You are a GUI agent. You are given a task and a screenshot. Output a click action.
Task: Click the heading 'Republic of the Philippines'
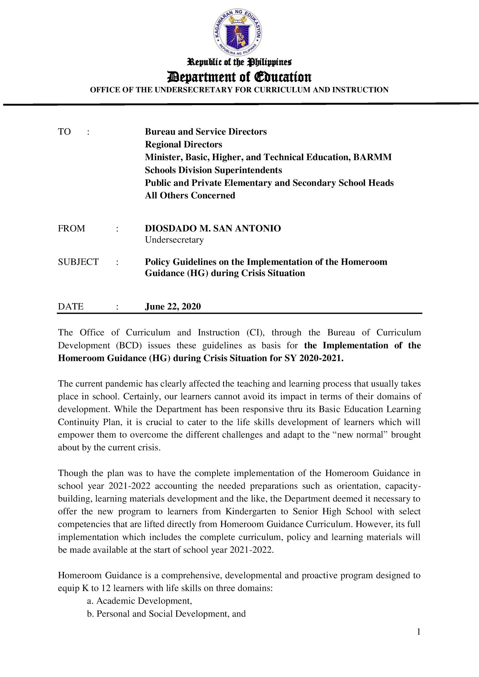click(239, 62)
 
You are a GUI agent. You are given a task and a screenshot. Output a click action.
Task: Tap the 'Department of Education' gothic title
click(239, 77)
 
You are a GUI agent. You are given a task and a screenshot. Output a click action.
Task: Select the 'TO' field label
click(64, 132)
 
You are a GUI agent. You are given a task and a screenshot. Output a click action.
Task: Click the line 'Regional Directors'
click(183, 144)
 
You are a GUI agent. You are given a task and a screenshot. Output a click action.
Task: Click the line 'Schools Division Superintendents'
click(214, 170)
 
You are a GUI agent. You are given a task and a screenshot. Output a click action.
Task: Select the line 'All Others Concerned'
click(190, 195)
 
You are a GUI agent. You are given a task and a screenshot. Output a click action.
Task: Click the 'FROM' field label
click(71, 228)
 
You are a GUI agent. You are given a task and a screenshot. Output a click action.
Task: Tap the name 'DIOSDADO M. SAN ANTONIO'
click(213, 228)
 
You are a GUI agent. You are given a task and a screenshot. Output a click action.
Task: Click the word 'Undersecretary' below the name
click(174, 240)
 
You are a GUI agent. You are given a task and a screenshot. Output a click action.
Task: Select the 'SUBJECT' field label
click(78, 262)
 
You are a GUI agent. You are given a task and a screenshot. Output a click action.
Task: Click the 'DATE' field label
click(71, 306)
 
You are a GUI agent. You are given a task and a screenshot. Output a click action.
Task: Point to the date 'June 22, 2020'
click(173, 306)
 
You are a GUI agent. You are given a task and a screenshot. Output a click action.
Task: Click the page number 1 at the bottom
click(419, 632)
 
